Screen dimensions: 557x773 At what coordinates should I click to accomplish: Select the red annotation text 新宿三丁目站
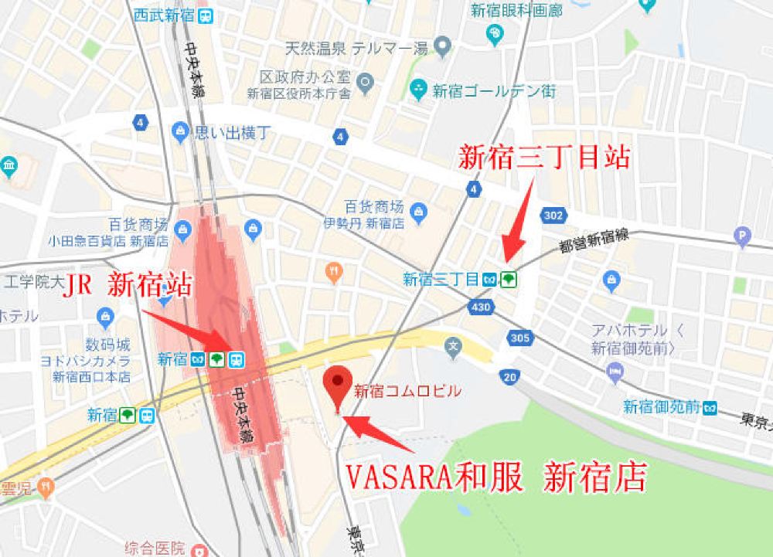coord(543,158)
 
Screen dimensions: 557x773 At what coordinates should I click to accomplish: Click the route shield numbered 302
coord(553,216)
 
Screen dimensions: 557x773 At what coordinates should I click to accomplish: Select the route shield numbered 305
coord(519,337)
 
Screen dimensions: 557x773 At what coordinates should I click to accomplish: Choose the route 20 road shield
coord(509,376)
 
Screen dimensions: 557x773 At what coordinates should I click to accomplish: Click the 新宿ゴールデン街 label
coord(493,90)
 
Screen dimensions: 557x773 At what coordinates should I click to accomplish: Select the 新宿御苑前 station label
coord(662,406)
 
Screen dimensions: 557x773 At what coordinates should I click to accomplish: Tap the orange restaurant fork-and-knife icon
coord(334,271)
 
